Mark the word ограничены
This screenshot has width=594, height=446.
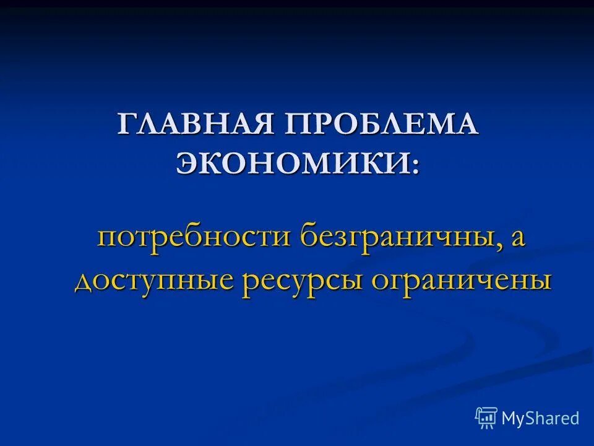pyautogui.click(x=461, y=281)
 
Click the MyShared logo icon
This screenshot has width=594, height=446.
pyautogui.click(x=486, y=418)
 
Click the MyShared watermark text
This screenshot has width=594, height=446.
pyautogui.click(x=540, y=418)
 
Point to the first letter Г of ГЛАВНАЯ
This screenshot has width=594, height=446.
pyautogui.click(x=126, y=125)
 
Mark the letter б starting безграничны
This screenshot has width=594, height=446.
pyautogui.click(x=309, y=237)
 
